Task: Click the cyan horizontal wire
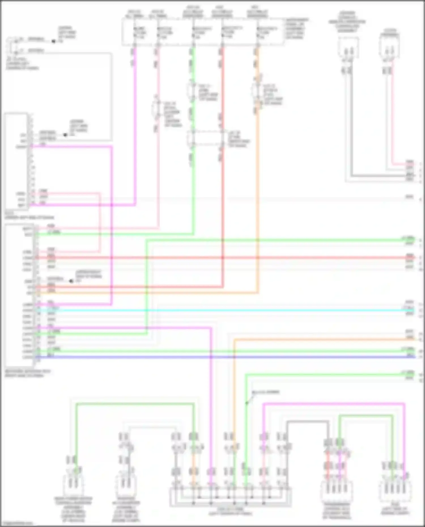point(227,311)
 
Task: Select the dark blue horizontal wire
point(227,357)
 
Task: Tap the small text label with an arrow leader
point(265,392)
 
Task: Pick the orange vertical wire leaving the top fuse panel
point(258,198)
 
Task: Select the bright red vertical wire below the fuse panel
point(222,198)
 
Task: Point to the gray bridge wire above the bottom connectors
point(307,422)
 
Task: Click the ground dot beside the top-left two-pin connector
point(53,41)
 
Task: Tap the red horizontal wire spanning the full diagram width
point(227,258)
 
